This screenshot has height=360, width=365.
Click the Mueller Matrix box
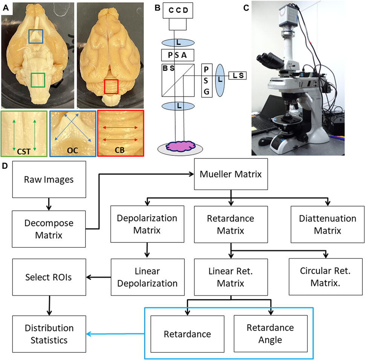point(231,175)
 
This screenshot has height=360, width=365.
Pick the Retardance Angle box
point(270,334)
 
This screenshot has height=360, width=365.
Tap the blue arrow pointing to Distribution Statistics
point(115,334)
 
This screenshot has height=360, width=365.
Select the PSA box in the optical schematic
point(178,56)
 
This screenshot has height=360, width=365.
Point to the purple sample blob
point(178,145)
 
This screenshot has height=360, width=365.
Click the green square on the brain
point(38,80)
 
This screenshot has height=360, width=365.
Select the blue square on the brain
point(36,37)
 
